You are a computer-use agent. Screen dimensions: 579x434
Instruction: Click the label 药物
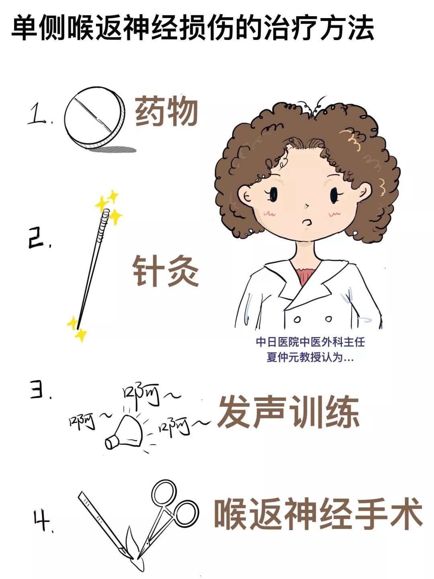[x=166, y=111]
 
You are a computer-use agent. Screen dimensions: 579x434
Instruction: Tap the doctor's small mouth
[x=307, y=222]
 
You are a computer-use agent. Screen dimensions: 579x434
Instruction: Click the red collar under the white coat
[x=307, y=273]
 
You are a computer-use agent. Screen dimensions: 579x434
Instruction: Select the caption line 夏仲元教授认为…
[x=310, y=357]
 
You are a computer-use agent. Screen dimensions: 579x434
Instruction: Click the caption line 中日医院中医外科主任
[x=310, y=342]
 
